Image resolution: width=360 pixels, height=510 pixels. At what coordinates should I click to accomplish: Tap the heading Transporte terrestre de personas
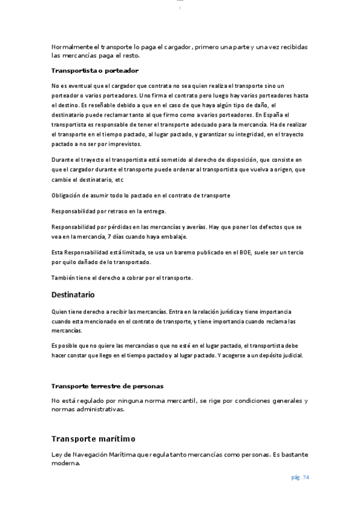tap(107, 386)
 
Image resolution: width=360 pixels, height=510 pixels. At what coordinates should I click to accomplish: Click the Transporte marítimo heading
tap(93, 439)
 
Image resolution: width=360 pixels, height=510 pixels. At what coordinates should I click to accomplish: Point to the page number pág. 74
tap(299, 478)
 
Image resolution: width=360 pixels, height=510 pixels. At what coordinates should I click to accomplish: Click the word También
tap(64, 278)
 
